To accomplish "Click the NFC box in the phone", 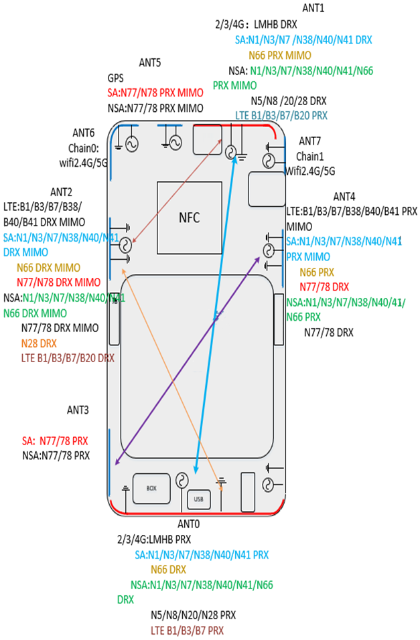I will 190,218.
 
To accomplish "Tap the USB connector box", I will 198,499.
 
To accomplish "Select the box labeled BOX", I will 151,488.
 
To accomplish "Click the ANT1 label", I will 313,8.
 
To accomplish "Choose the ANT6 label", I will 84,134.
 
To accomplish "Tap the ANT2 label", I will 62,191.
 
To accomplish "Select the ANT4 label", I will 344,197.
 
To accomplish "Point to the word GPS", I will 116,78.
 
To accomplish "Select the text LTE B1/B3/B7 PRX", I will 187,630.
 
